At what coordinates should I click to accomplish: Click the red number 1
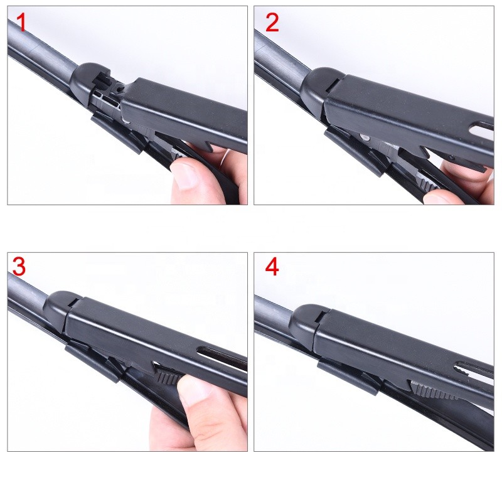(21, 23)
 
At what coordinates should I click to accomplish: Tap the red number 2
(272, 23)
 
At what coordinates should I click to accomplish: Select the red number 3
(19, 267)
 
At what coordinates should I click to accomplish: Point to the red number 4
(272, 267)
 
